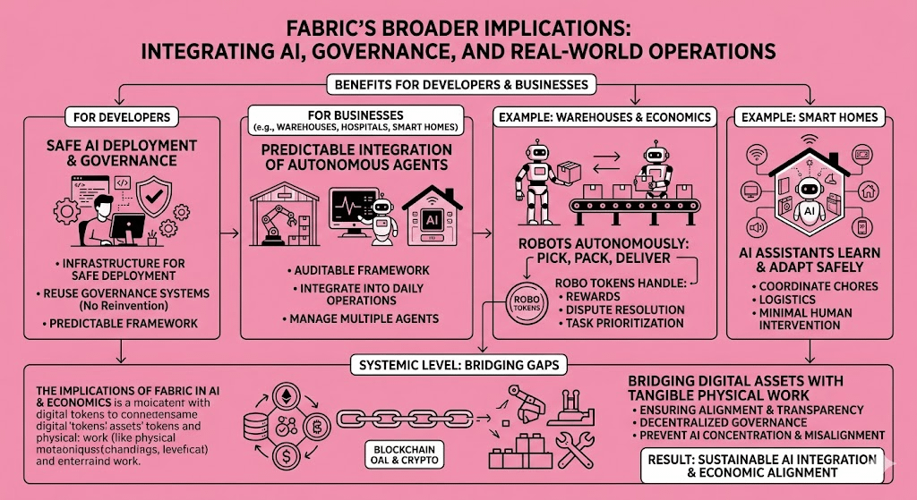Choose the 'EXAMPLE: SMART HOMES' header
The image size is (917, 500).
coord(806,117)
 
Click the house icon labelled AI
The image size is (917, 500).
coord(433,216)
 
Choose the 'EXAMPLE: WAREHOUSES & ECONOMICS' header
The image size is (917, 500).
coord(606,117)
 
